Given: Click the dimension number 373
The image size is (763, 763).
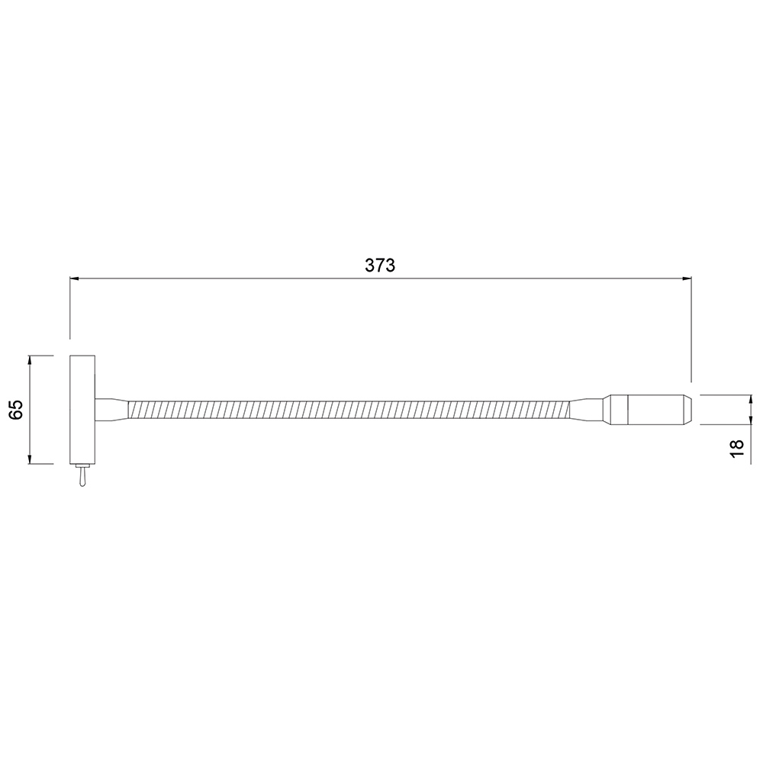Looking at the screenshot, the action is (x=380, y=266).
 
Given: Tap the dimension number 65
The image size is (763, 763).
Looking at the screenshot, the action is (x=17, y=410).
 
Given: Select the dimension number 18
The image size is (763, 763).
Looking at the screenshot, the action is (x=737, y=448).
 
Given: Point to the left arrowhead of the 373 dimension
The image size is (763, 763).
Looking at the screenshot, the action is (x=75, y=278).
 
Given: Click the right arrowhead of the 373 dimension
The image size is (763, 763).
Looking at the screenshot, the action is (x=687, y=278).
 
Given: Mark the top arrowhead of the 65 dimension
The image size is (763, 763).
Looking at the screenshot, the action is (x=31, y=361).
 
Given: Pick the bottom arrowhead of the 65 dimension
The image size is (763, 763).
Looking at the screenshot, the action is (x=31, y=459).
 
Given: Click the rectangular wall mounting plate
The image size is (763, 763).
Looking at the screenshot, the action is (x=82, y=410).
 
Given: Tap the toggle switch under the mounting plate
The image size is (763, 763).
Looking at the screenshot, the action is (x=82, y=475).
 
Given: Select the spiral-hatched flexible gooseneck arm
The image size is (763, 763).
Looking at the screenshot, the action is (x=349, y=410).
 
